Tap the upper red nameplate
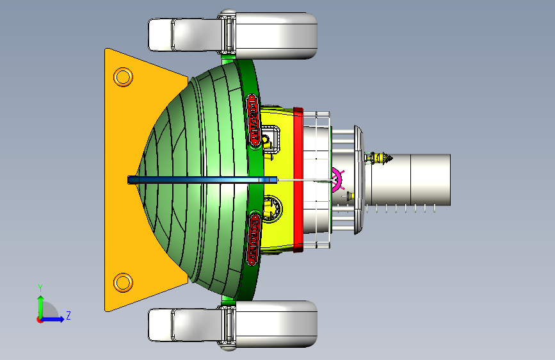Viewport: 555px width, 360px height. point(253,120)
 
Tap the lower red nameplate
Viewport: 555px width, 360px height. point(253,240)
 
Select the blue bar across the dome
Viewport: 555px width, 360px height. point(202,180)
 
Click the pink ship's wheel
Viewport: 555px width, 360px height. point(337,180)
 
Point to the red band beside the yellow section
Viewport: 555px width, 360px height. point(298,180)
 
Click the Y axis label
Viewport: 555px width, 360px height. point(40,288)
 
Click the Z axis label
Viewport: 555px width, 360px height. point(68,315)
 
